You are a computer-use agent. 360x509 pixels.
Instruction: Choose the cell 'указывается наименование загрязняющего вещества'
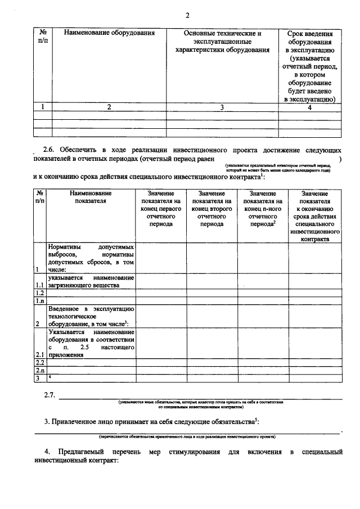coord(91,281)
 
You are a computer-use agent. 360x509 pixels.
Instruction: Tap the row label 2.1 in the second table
coord(39,355)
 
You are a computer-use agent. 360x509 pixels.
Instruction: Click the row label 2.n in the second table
coord(39,371)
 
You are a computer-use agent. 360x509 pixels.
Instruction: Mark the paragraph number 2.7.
coord(49,395)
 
